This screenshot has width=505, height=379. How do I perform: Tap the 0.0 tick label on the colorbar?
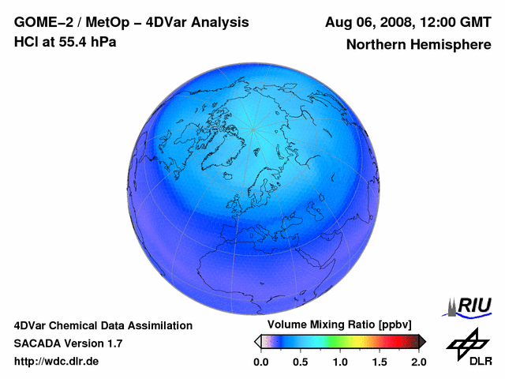coord(260,362)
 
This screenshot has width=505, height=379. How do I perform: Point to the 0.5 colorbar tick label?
coord(300,362)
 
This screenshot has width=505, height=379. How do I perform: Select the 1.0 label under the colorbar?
coord(340,362)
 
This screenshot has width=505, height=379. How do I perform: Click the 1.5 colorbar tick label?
coord(380,362)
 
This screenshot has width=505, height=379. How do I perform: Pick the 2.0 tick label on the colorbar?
coord(418,362)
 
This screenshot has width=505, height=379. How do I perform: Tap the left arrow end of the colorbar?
coord(257,341)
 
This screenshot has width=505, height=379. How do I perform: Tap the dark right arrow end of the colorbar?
coord(422,341)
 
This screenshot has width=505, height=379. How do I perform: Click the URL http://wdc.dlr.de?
coord(57,362)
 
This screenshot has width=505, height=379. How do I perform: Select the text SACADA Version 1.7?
coord(68,343)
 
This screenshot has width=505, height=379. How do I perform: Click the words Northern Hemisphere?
coord(418,45)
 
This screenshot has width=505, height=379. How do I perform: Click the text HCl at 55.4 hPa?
coord(65,42)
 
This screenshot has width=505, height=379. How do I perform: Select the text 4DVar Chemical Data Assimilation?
coord(103,325)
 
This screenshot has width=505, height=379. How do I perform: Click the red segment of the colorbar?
coord(393,341)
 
